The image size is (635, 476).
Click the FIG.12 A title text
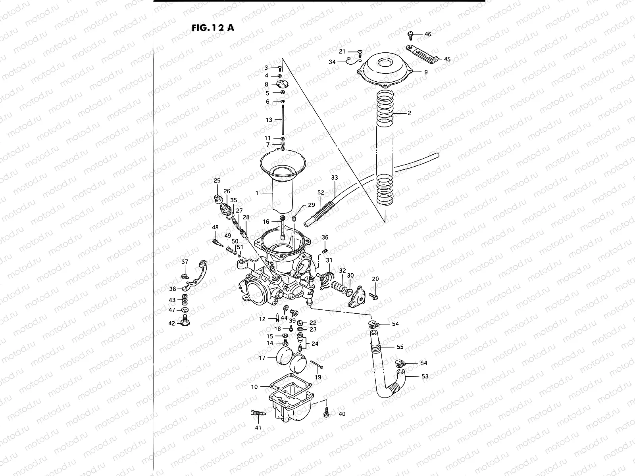point(212,28)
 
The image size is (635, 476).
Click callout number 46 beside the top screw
point(427,35)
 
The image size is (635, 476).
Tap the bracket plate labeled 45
point(421,54)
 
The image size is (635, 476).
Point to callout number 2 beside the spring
point(409,113)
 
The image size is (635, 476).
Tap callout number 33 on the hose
point(334,178)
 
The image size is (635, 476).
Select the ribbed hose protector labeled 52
point(320,215)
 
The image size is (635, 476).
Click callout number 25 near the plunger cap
point(217,181)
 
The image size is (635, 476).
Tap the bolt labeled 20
point(373,296)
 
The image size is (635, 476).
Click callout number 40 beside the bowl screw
point(342,414)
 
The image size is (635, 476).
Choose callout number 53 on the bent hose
point(425,376)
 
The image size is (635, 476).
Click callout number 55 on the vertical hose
point(400,347)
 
